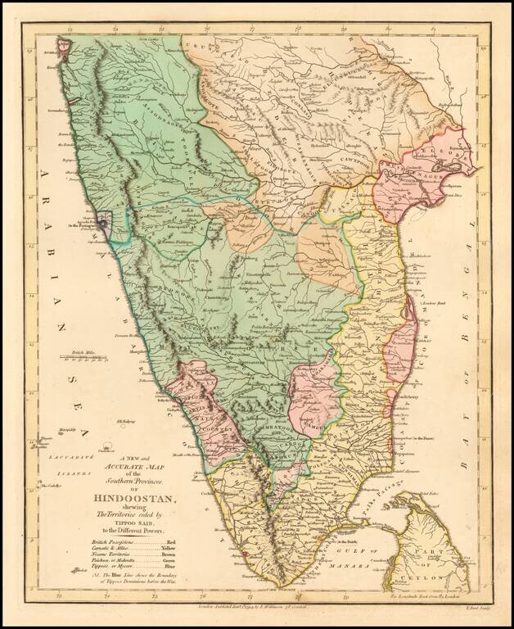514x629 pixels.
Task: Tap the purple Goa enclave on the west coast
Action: (x=104, y=222)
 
